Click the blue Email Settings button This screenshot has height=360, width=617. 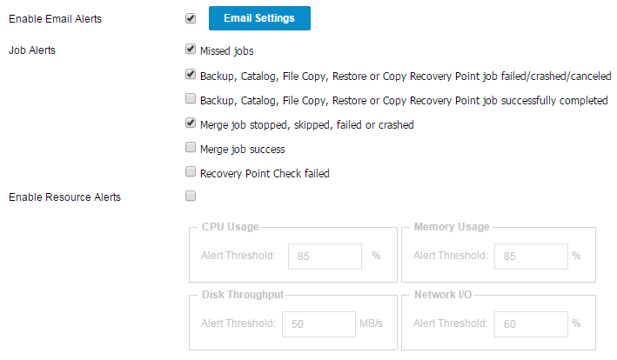[x=259, y=18]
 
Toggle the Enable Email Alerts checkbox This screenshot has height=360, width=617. [x=191, y=18]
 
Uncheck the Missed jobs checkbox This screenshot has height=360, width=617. [x=191, y=49]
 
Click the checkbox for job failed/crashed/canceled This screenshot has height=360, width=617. [x=191, y=74]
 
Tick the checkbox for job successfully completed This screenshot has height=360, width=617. [x=191, y=98]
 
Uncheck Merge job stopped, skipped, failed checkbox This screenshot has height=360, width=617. [x=191, y=123]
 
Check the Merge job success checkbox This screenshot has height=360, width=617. [x=191, y=147]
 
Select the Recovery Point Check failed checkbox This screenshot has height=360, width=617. [x=191, y=171]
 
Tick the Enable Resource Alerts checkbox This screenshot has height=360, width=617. [x=191, y=196]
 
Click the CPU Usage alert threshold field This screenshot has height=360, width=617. [x=325, y=257]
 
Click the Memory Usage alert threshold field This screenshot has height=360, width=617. [x=531, y=257]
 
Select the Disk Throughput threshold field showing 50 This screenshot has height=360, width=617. [x=319, y=324]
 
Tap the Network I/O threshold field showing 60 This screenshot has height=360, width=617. [x=531, y=324]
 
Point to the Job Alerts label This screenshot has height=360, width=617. [x=32, y=50]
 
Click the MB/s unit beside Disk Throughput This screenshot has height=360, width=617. [x=371, y=323]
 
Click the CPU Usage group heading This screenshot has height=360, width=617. [x=231, y=227]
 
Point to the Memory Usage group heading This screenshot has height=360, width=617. [x=452, y=227]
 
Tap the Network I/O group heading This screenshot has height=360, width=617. [x=443, y=295]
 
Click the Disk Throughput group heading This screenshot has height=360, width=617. [x=243, y=295]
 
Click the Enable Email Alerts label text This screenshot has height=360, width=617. [x=55, y=19]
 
